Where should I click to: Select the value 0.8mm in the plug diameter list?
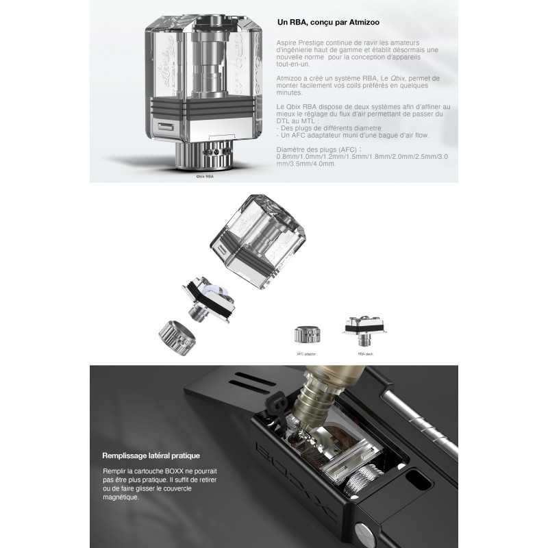[x=286, y=157]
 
